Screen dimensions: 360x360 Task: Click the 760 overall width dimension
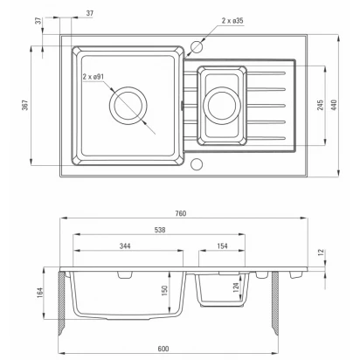(181, 213)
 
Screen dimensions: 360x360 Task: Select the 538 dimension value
(160, 230)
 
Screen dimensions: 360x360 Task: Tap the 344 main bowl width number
(125, 246)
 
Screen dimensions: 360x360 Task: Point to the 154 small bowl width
(222, 246)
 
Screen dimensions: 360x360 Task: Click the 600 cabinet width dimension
(163, 349)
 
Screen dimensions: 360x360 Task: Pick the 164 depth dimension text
(40, 293)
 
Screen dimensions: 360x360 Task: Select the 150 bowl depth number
(164, 291)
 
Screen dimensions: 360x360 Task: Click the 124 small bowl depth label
(236, 287)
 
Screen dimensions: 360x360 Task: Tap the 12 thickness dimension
(321, 253)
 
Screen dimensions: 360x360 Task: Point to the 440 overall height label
(334, 105)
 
